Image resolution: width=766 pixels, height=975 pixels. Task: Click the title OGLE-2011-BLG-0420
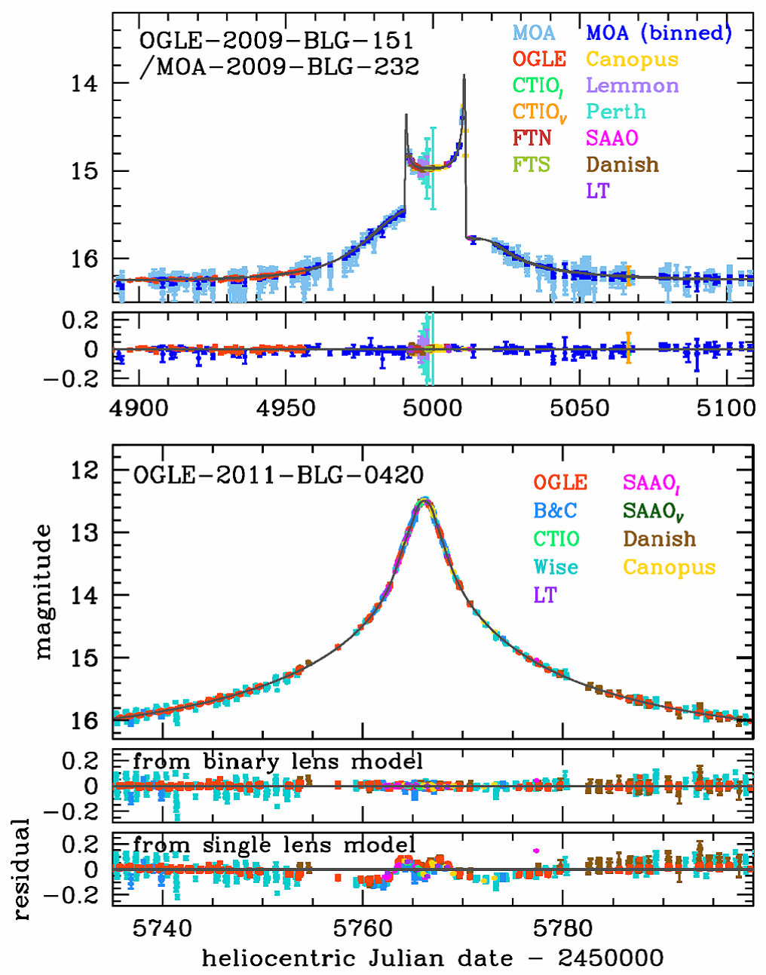[x=278, y=475]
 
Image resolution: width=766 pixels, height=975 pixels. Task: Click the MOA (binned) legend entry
[x=658, y=32]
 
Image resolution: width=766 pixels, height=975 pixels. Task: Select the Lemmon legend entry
[x=632, y=85]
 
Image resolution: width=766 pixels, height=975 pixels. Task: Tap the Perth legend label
[x=616, y=112]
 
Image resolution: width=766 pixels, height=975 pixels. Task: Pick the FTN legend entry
[x=532, y=138]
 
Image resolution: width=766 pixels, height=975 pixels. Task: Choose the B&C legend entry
[x=556, y=510]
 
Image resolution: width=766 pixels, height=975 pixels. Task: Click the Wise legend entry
[x=556, y=567]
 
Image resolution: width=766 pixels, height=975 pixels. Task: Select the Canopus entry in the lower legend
[x=669, y=567]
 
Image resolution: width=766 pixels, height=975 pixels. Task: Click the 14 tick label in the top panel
[x=85, y=83]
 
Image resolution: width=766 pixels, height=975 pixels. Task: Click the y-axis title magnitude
[x=43, y=592]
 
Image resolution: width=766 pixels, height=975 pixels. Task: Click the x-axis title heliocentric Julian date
[x=433, y=958]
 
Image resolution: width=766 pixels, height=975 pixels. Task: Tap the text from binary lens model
[x=277, y=762]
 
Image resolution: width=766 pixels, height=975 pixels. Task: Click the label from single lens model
[x=274, y=845]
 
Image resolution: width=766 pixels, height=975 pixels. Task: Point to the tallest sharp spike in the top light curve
[x=464, y=75]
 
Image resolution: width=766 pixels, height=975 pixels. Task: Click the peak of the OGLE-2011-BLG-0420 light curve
[x=424, y=498]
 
